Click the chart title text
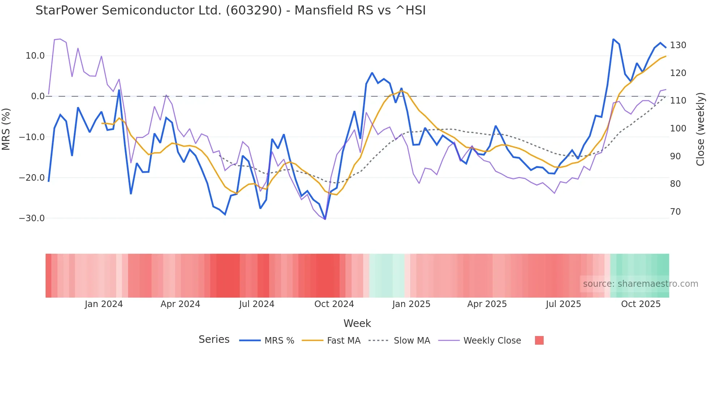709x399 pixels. click(x=230, y=10)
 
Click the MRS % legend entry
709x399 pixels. click(x=279, y=341)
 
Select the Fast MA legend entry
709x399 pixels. click(x=343, y=341)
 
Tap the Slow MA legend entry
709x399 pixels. click(x=412, y=341)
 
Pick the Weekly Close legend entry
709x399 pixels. click(x=492, y=341)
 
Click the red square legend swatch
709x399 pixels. click(x=539, y=340)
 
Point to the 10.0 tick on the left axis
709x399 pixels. click(x=35, y=56)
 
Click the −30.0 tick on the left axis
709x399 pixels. click(x=32, y=218)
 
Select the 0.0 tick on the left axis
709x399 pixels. click(x=38, y=96)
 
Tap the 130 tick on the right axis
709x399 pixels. click(x=678, y=45)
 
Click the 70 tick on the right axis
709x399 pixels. click(x=675, y=212)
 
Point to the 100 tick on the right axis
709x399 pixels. click(x=678, y=129)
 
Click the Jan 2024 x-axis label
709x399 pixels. click(x=104, y=304)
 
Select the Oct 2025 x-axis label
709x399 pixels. click(x=641, y=304)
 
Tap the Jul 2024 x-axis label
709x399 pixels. click(x=256, y=304)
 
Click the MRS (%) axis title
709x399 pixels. click(x=6, y=129)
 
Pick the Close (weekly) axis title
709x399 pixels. click(x=700, y=129)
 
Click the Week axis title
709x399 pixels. click(x=357, y=323)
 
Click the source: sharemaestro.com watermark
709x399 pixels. click(x=640, y=284)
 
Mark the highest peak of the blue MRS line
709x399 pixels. click(x=614, y=39)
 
